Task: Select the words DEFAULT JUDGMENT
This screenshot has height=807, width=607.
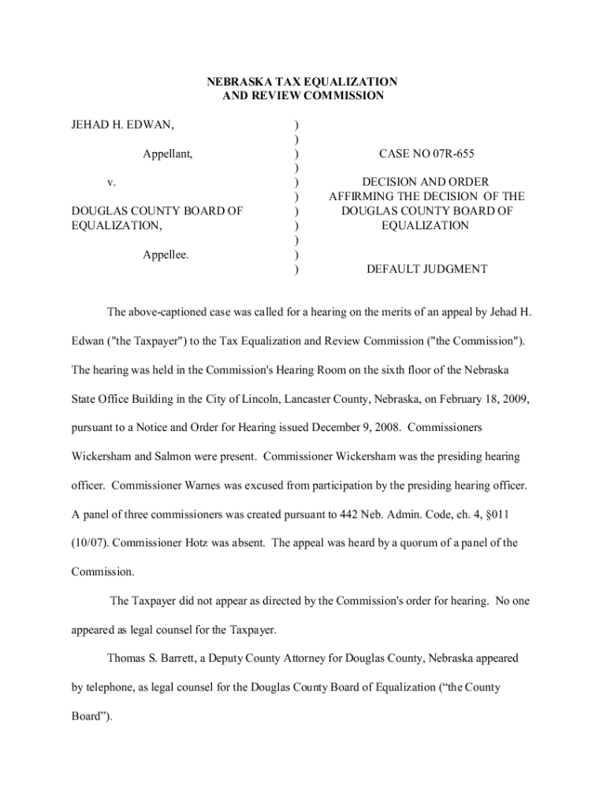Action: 426,270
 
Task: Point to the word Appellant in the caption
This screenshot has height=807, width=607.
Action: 168,154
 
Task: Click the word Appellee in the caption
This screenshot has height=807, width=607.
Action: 166,255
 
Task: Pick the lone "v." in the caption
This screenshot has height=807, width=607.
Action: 112,183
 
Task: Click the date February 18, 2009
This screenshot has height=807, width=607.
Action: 479,400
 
